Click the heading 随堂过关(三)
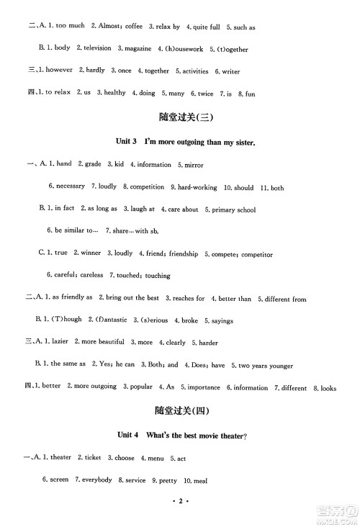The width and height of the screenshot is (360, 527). coord(185,117)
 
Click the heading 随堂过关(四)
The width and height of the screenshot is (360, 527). coord(185,412)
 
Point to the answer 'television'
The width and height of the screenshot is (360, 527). coord(94,48)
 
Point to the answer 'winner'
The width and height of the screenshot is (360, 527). coord(90,253)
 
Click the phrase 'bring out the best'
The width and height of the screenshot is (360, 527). coord(132,298)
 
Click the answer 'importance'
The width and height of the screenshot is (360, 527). coord(204,387)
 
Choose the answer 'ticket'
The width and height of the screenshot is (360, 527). coord(92,458)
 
